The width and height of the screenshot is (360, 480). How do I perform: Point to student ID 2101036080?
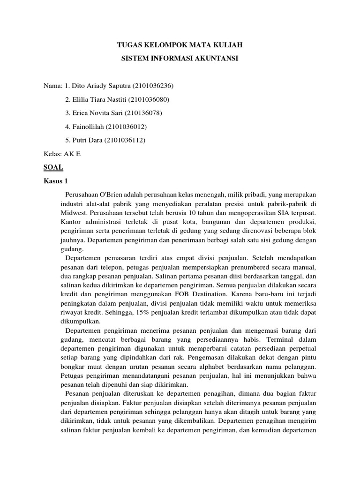click(x=149, y=100)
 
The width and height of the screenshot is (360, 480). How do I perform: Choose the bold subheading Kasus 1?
click(x=56, y=180)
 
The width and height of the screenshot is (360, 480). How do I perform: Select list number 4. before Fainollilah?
click(x=68, y=127)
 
